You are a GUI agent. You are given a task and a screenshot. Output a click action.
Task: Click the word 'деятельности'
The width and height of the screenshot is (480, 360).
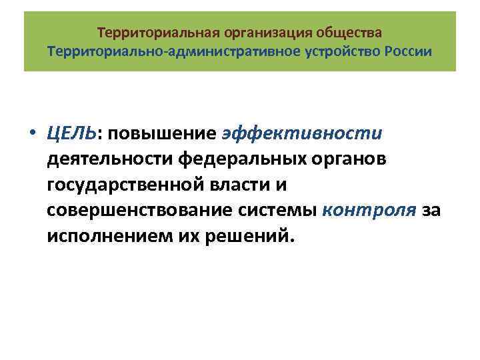point(110,159)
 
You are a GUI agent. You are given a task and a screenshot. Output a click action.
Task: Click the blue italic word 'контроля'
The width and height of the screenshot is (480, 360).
point(369,211)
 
